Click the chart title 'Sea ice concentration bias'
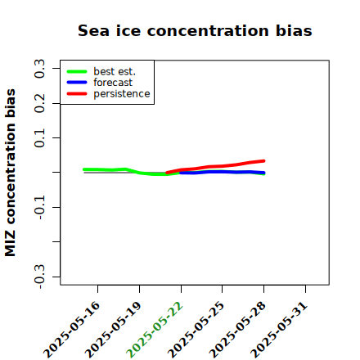[195, 30]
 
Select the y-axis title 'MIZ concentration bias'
[11, 173]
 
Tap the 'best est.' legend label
[115, 71]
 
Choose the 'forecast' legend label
[113, 83]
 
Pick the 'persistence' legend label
[122, 94]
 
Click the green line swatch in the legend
[77, 71]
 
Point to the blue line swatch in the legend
[77, 83]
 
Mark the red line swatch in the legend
[77, 94]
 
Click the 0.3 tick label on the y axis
[39, 69]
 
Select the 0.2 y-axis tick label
[39, 103]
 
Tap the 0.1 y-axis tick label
[39, 138]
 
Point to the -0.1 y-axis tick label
[39, 208]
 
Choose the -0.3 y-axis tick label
[39, 277]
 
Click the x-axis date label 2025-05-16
[71, 330]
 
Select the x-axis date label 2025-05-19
[113, 330]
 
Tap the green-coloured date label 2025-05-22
[155, 330]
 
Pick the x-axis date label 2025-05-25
[196, 330]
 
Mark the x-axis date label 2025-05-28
[237, 330]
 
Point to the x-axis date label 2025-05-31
[279, 330]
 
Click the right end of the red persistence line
[264, 161]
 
